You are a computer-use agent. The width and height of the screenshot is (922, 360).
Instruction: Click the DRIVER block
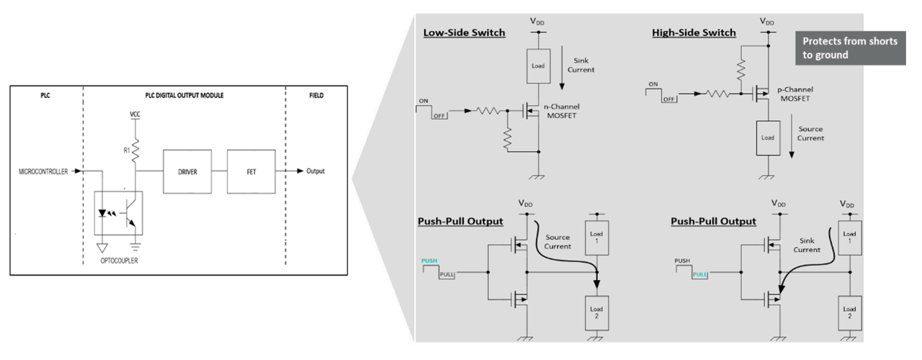(187, 171)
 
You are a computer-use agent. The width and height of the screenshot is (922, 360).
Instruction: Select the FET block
(249, 171)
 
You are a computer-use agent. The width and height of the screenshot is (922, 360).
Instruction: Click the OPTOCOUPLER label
(120, 261)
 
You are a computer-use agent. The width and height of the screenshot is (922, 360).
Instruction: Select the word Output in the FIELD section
(315, 171)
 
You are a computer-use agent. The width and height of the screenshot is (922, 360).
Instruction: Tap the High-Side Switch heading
(694, 33)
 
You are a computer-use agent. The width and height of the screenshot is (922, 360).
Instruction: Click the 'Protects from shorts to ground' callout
(851, 48)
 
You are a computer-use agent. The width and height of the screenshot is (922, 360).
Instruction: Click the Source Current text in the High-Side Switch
(811, 133)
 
